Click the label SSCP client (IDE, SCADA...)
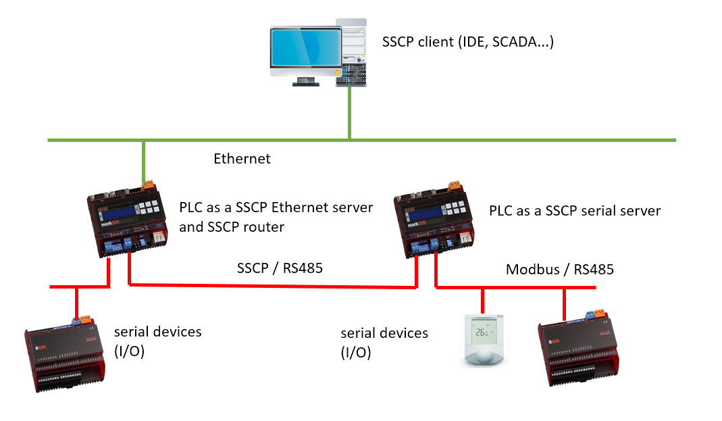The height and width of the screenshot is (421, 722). [x=468, y=42]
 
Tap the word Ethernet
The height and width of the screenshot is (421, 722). [x=242, y=159]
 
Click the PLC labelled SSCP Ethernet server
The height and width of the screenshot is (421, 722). [x=128, y=219]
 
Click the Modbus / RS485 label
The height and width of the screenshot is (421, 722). [x=560, y=270]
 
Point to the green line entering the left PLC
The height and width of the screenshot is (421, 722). [x=143, y=159]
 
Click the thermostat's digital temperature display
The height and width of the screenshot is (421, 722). [x=481, y=332]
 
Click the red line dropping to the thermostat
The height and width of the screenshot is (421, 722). [x=482, y=301]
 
